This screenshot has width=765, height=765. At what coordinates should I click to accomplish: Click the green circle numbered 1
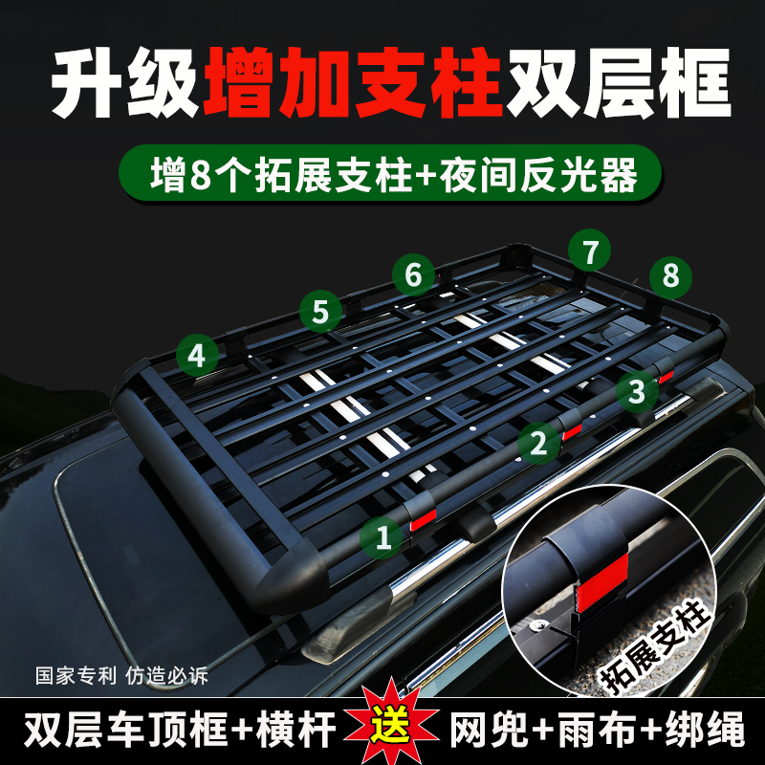pyautogui.click(x=383, y=537)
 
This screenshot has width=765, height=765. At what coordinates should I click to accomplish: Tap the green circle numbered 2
pyautogui.click(x=538, y=442)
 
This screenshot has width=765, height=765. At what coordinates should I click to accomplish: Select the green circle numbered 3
pyautogui.click(x=637, y=389)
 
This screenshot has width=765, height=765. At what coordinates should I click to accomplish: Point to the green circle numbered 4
pyautogui.click(x=196, y=357)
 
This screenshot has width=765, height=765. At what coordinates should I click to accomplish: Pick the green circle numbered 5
pyautogui.click(x=320, y=311)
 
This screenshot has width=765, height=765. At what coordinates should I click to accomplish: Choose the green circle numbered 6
pyautogui.click(x=413, y=275)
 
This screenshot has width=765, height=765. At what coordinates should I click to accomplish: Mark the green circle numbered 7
pyautogui.click(x=590, y=252)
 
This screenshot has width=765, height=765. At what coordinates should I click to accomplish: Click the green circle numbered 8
pyautogui.click(x=670, y=276)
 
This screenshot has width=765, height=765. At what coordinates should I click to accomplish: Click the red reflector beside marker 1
pyautogui.click(x=422, y=520)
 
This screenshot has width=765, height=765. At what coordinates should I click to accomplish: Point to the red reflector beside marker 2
pyautogui.click(x=571, y=431)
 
